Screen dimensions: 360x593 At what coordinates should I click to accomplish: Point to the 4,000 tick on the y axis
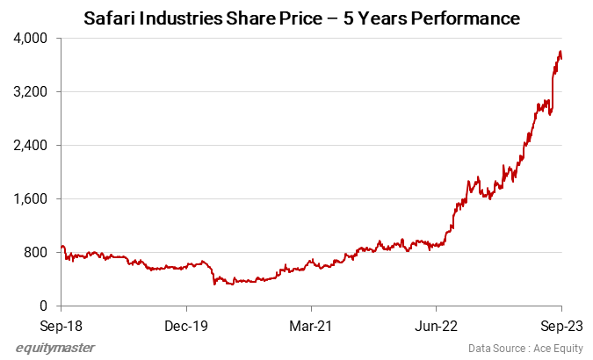click(x=31, y=39)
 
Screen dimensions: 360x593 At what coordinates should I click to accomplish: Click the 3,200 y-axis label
click(x=31, y=92)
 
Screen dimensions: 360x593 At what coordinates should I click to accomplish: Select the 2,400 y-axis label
click(x=31, y=146)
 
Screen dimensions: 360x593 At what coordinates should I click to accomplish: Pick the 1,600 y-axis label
click(x=31, y=199)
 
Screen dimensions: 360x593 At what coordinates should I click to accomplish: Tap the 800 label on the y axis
click(x=36, y=253)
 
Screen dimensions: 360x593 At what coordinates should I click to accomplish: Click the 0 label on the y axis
click(x=44, y=306)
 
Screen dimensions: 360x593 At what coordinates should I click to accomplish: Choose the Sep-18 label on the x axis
click(x=61, y=323)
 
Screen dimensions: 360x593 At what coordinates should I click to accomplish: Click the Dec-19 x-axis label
click(x=186, y=323)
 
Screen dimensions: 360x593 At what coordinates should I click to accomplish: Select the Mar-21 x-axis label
click(x=312, y=323)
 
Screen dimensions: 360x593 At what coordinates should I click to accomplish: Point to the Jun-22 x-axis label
click(x=437, y=323)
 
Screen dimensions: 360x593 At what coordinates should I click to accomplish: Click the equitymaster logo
click(x=55, y=348)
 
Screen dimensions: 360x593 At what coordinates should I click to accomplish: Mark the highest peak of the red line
click(x=560, y=52)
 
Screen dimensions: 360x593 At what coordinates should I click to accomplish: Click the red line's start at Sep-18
click(x=61, y=247)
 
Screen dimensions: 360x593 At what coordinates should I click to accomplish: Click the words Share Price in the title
click(x=280, y=18)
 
